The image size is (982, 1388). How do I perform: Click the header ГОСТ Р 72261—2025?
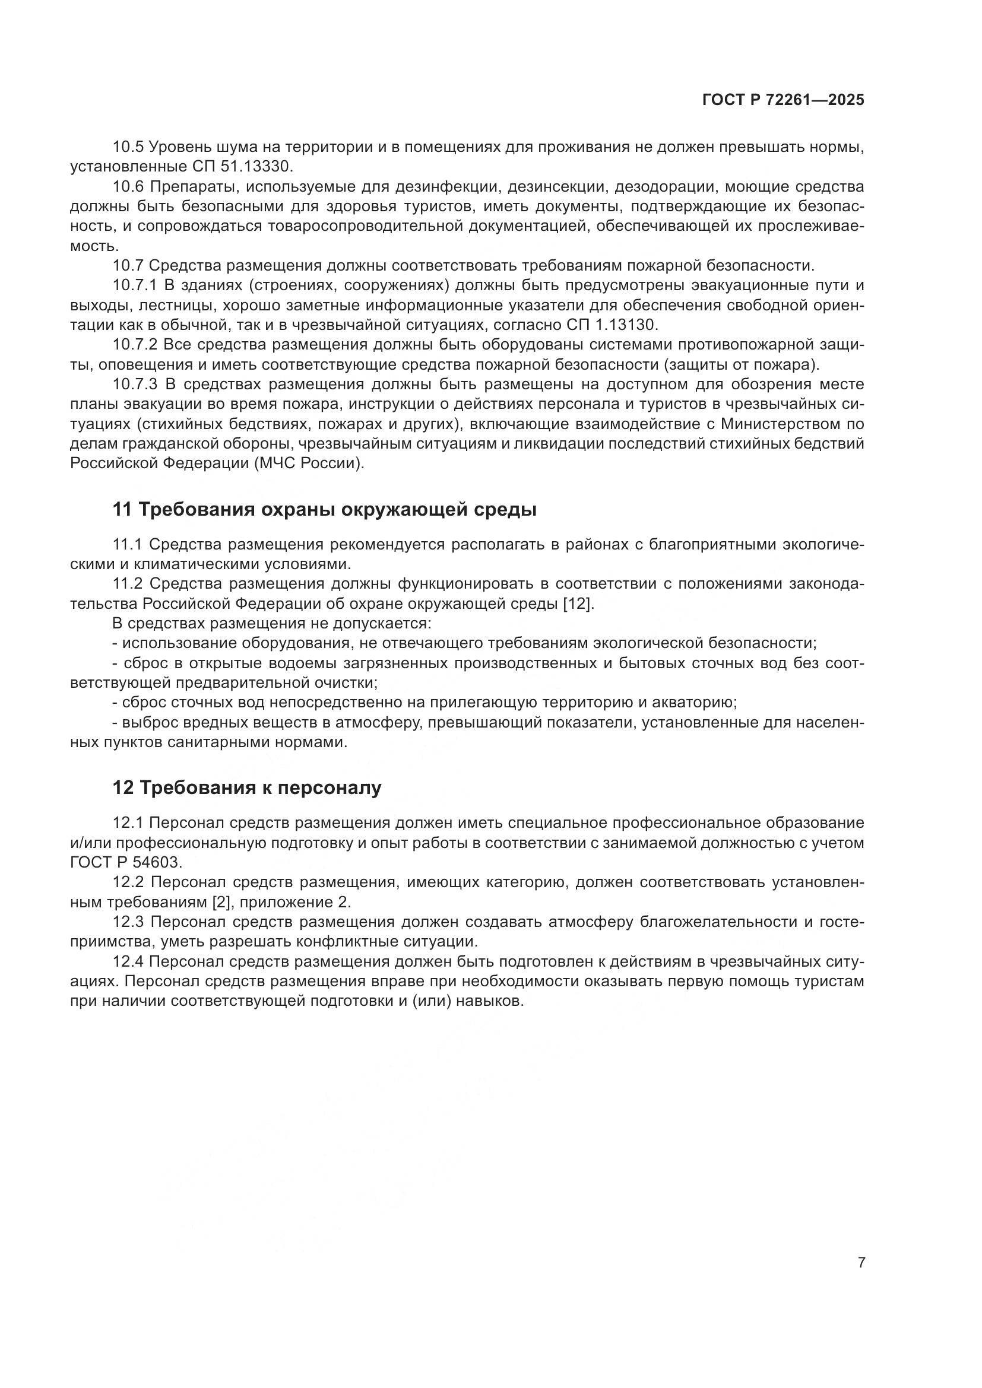[783, 100]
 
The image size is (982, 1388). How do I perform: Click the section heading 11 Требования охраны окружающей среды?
[325, 510]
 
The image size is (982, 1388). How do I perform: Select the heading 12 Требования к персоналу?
[247, 787]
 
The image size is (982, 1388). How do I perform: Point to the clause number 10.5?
[128, 147]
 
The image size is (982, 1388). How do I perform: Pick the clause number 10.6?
[128, 186]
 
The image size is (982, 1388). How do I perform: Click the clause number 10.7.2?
[135, 345]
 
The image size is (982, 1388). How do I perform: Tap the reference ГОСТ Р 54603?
[126, 863]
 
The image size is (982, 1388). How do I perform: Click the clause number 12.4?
[128, 961]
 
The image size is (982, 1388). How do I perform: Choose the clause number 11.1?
[128, 544]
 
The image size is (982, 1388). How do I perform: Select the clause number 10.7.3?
[135, 385]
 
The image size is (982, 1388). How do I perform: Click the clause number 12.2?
[128, 882]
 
